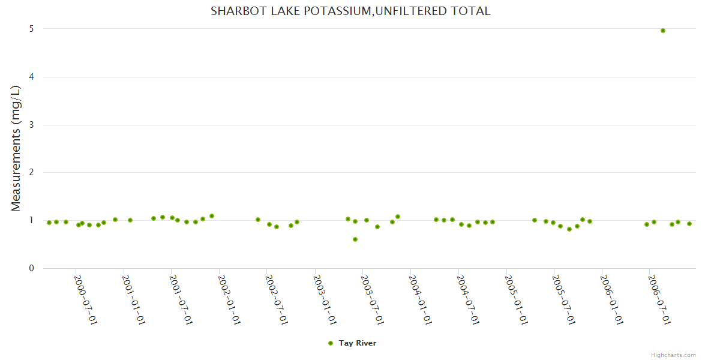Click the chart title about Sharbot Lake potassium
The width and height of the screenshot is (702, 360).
[350, 11]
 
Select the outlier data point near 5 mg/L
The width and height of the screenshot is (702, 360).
[663, 31]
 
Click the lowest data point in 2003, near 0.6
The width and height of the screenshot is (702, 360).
[355, 239]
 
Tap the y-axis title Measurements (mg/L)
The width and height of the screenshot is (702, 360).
[16, 148]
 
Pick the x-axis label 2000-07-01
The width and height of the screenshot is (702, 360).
[86, 300]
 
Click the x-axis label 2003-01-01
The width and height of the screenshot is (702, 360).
[325, 300]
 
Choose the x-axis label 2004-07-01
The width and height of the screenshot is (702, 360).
[468, 300]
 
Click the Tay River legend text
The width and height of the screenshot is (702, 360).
[358, 343]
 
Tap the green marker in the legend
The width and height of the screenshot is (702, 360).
[330, 343]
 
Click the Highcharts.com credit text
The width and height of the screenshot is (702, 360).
[674, 355]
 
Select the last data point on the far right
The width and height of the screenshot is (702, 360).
[689, 224]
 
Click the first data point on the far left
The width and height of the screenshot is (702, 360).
[49, 223]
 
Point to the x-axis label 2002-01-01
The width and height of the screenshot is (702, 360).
[229, 300]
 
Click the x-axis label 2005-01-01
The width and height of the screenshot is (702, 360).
[516, 300]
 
